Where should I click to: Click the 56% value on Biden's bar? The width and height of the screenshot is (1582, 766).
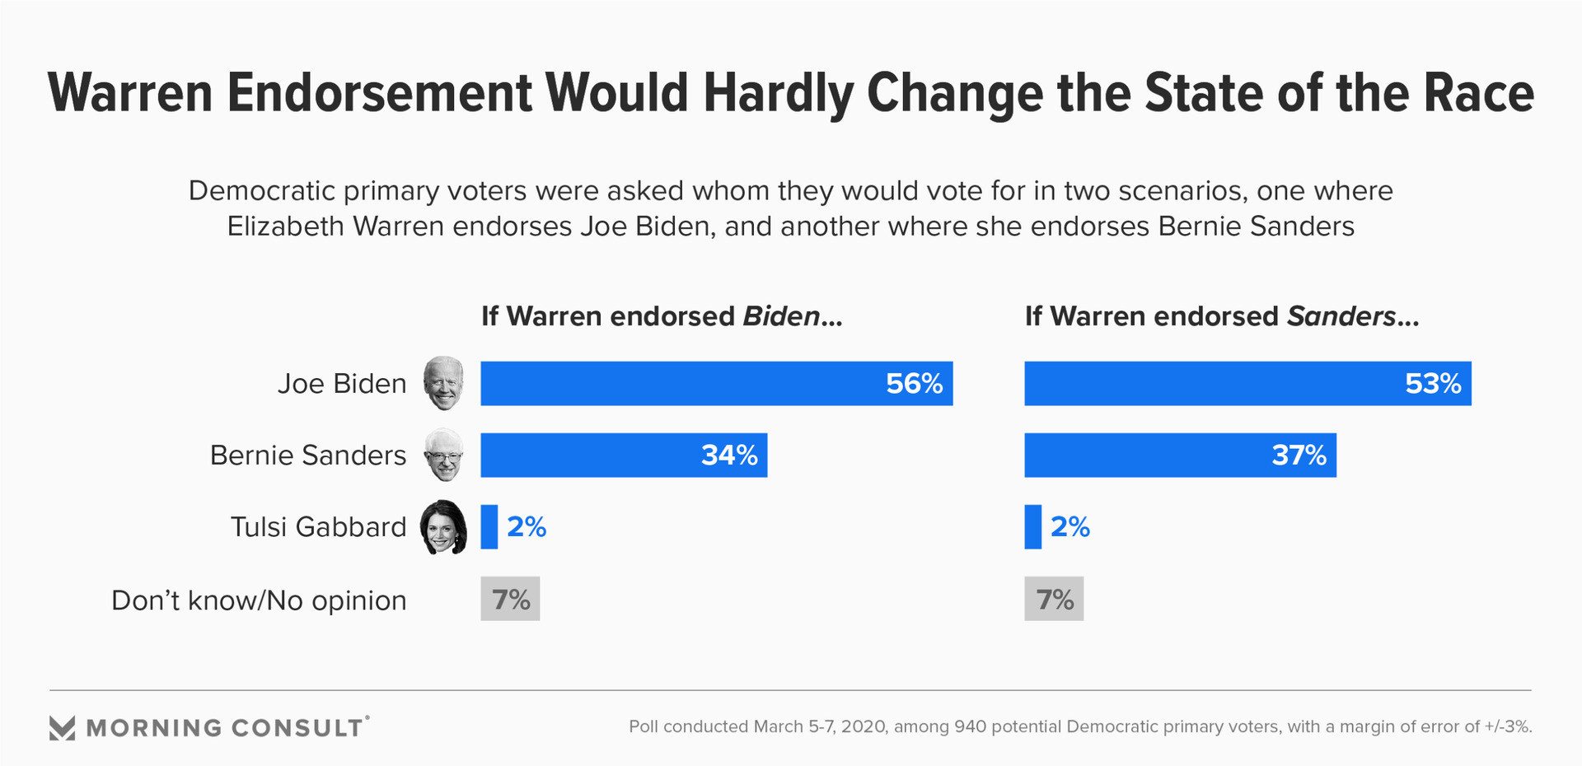point(914,384)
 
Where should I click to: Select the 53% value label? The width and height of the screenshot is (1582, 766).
point(1433,384)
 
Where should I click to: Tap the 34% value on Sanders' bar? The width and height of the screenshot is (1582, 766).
point(729,455)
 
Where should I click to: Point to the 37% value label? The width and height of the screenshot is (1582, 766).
point(1299,455)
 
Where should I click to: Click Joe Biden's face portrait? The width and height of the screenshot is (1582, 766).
point(444,383)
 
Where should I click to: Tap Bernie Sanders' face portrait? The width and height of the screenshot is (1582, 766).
point(444,455)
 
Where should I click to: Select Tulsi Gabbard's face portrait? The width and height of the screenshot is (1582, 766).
point(443,527)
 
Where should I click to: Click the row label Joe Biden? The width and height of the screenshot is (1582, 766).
point(342,384)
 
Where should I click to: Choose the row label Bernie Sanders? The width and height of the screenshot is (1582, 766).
point(308,455)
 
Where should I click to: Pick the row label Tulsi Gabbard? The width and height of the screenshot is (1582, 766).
point(318,527)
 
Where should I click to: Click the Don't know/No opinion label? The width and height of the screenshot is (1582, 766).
point(259,600)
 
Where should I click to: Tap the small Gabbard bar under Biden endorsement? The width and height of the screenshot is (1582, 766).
point(489,527)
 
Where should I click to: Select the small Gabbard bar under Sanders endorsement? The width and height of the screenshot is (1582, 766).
point(1033,527)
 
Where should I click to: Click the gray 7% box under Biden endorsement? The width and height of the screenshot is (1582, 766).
point(510,599)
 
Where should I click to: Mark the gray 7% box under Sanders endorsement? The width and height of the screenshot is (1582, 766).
point(1054,599)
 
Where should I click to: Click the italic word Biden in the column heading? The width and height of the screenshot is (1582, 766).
point(781,316)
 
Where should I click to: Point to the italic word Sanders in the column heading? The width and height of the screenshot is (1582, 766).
point(1341,316)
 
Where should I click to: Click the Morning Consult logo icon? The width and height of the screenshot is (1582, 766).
point(62,728)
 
